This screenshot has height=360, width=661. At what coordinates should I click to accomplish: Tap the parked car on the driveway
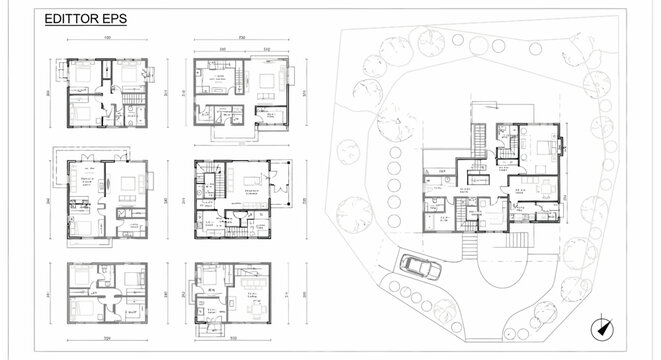420,267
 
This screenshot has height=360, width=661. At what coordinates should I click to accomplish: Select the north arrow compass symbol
604,327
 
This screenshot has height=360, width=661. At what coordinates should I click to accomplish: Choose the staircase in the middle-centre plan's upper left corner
209,184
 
